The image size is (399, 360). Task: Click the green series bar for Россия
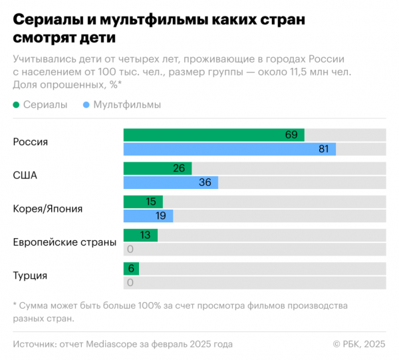[x=213, y=135]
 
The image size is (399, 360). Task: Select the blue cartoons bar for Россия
[x=229, y=149]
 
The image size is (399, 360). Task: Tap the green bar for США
[x=158, y=168]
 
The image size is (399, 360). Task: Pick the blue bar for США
[x=171, y=182]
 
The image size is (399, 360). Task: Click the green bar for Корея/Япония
[x=143, y=202]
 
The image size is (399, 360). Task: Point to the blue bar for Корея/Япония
[x=148, y=216]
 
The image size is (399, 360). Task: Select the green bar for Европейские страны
[x=140, y=235]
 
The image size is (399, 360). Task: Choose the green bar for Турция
[x=131, y=268]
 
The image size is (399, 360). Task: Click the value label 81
[x=323, y=149]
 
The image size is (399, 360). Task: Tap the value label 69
[x=291, y=135]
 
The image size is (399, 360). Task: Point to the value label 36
[x=205, y=182]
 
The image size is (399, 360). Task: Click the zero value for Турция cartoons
[x=130, y=282]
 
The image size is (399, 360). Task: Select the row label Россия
[x=31, y=142]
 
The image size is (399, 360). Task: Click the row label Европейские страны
[x=65, y=242]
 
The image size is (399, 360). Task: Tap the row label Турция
[x=30, y=275]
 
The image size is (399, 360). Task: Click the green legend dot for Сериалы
[x=17, y=105]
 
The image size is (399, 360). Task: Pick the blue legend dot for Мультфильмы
[x=87, y=105]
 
